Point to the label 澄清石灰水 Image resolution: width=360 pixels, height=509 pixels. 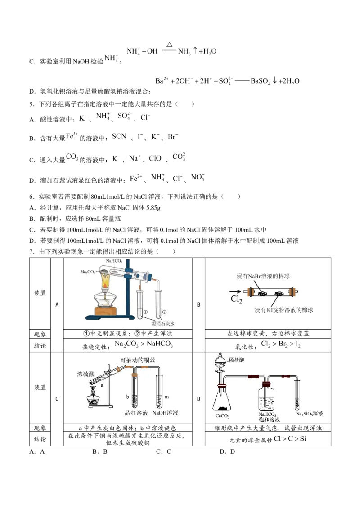coord(163,324)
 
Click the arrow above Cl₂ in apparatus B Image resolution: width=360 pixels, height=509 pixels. coord(235,291)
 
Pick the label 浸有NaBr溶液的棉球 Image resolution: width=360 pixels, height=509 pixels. coord(263,276)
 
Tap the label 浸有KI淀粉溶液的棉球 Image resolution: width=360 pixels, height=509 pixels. coord(284,310)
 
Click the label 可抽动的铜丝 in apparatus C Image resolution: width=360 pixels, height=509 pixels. coord(138,360)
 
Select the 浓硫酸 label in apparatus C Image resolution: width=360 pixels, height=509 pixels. coord(86,374)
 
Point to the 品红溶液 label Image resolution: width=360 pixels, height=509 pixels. coord(136,413)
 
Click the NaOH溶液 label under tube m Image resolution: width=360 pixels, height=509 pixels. coord(166,413)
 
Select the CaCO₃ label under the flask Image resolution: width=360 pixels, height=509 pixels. coord(222,416)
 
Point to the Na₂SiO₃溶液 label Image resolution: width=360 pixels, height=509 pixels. coord(309,414)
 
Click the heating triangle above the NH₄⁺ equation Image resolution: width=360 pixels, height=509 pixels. coord(169,45)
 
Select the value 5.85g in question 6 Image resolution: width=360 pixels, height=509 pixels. coord(153,208)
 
